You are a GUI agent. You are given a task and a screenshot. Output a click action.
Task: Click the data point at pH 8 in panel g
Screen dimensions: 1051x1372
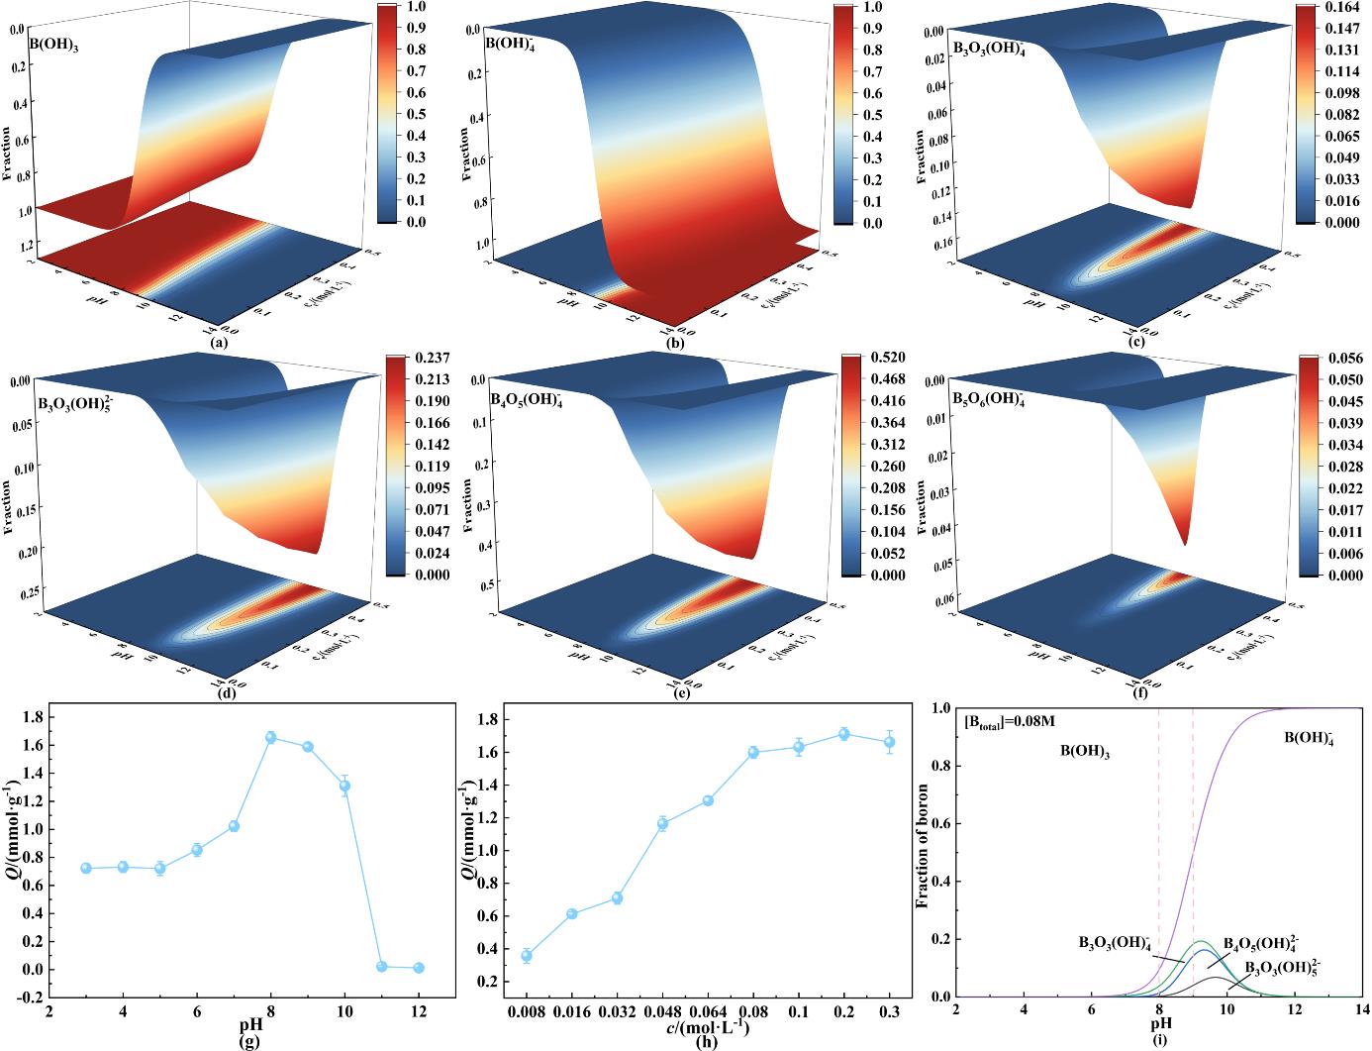pyautogui.click(x=270, y=737)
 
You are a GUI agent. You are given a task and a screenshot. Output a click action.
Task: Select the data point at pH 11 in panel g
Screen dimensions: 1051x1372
pyautogui.click(x=381, y=966)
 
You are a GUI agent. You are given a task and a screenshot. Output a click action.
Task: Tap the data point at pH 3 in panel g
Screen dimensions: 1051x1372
pyautogui.click(x=86, y=868)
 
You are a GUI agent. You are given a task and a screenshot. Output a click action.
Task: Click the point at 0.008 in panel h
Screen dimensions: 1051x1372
pyautogui.click(x=527, y=956)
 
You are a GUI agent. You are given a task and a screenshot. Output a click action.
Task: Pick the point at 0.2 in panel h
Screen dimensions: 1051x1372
pyautogui.click(x=843, y=734)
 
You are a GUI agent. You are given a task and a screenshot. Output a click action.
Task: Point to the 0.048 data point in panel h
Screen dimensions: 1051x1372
pyautogui.click(x=662, y=823)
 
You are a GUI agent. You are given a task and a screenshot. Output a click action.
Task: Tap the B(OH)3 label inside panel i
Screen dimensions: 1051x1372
pyautogui.click(x=1084, y=754)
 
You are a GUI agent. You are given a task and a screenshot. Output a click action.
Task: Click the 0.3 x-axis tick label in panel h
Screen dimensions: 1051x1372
pyautogui.click(x=889, y=1012)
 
